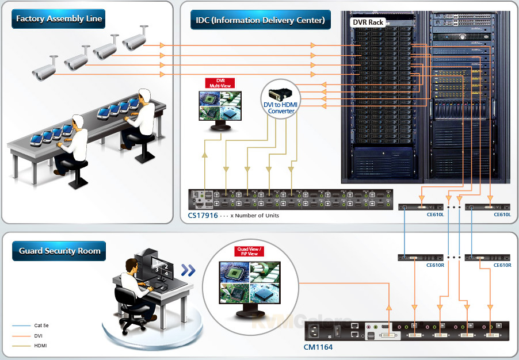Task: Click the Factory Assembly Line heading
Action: click(59, 19)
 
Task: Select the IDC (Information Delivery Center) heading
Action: click(259, 21)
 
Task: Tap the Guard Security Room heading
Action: click(59, 251)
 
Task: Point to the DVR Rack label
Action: click(368, 22)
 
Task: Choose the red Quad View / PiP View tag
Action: click(249, 251)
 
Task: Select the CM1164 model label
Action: click(318, 347)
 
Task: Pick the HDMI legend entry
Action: click(40, 346)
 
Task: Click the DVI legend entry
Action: click(38, 335)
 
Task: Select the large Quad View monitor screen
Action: click(249, 282)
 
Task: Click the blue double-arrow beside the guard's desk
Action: click(188, 270)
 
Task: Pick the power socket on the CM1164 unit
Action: click(316, 332)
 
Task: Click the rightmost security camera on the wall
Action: click(134, 41)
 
